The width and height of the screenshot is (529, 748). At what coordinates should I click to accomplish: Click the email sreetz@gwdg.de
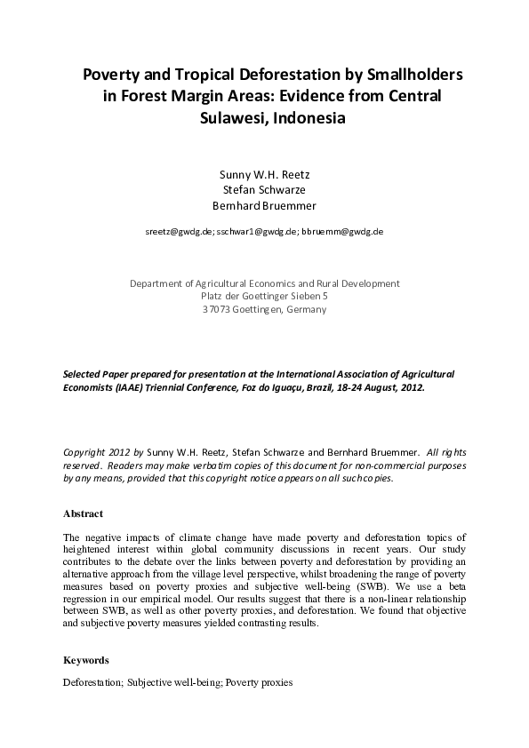point(178,231)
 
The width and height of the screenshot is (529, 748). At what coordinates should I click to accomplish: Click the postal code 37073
point(218,310)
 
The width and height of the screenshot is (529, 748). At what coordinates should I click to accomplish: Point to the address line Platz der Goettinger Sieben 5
point(264,297)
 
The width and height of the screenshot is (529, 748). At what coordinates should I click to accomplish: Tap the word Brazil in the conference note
point(313,388)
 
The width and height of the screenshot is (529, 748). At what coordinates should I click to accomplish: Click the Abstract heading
point(83,513)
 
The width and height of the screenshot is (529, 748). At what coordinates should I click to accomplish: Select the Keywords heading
point(86,660)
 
